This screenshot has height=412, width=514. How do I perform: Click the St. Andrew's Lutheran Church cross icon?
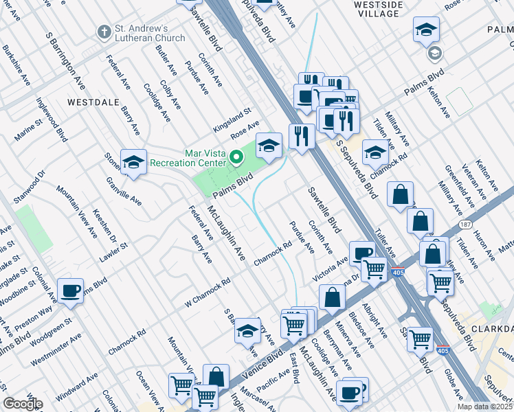pos(104,32)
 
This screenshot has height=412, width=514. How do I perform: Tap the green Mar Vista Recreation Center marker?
pos(237,158)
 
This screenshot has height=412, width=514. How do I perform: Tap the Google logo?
pos(23,403)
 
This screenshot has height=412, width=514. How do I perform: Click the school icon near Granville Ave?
pos(133,161)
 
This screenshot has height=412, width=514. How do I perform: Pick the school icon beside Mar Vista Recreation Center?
pos(269,145)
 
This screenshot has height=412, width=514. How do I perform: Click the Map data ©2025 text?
pos(484,407)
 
